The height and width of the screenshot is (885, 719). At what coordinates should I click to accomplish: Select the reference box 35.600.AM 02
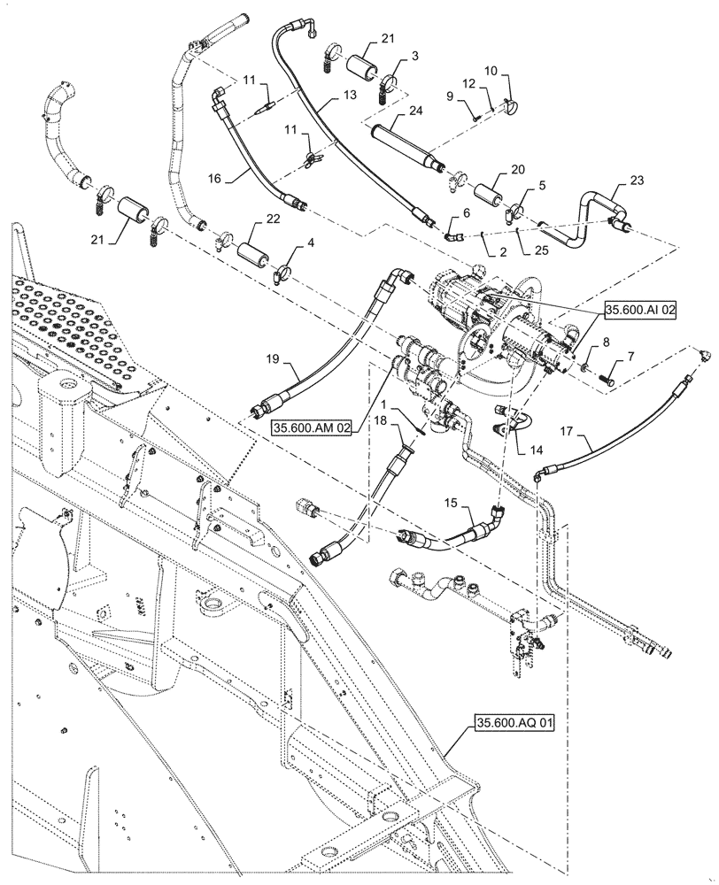click(312, 427)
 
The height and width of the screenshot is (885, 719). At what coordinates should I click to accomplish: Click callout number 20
click(516, 169)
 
